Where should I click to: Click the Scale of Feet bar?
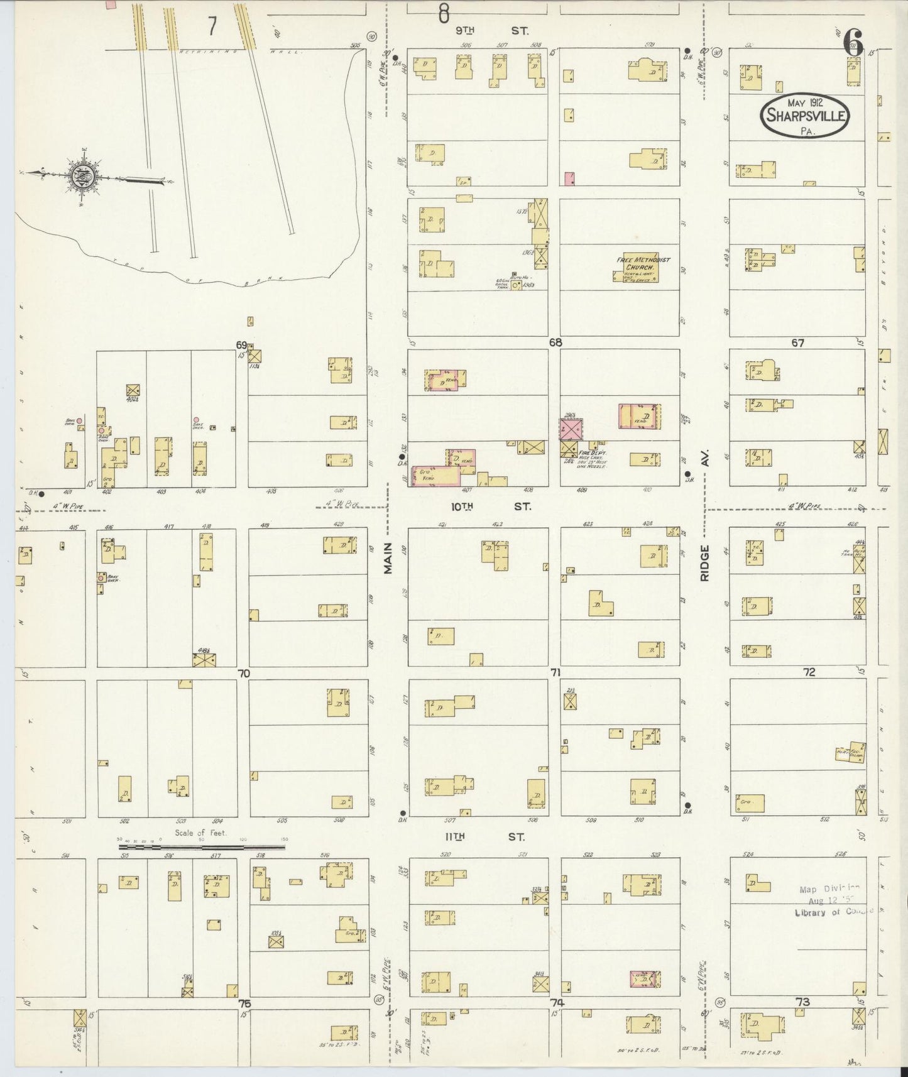tap(201, 846)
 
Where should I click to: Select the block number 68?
tap(554, 343)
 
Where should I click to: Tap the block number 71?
tap(555, 672)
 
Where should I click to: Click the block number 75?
tap(244, 1003)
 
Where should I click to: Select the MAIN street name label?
tap(388, 557)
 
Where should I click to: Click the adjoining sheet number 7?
tap(212, 26)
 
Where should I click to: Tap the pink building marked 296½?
tap(571, 429)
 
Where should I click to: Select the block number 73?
tap(802, 1002)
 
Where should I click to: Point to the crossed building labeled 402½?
tap(133, 391)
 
